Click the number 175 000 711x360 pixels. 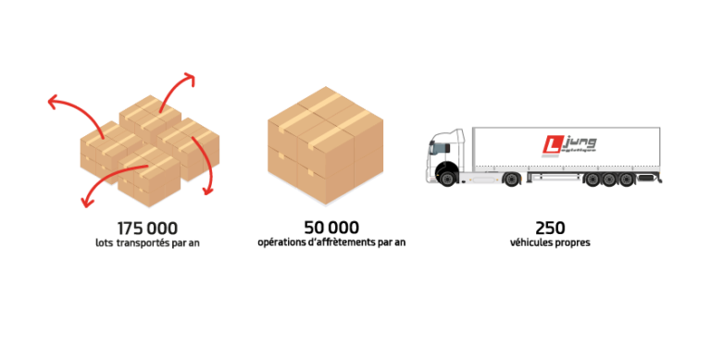coord(147,228)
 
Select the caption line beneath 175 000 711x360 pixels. coord(147,242)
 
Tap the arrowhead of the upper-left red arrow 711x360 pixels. coord(51,100)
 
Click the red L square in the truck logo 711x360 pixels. coord(553,144)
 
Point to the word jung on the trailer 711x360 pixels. coord(580,143)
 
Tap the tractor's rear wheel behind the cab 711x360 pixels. coord(510,180)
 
